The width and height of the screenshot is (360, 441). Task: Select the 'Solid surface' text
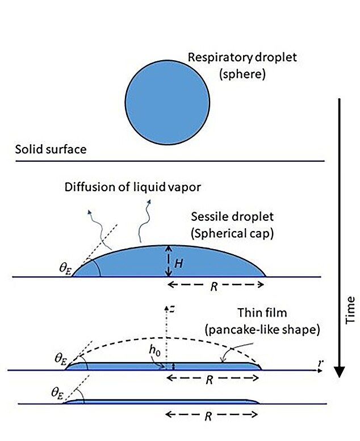pos(51,149)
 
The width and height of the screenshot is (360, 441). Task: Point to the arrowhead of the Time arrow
pos(339,372)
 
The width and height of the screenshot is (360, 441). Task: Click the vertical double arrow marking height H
pos(168,261)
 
